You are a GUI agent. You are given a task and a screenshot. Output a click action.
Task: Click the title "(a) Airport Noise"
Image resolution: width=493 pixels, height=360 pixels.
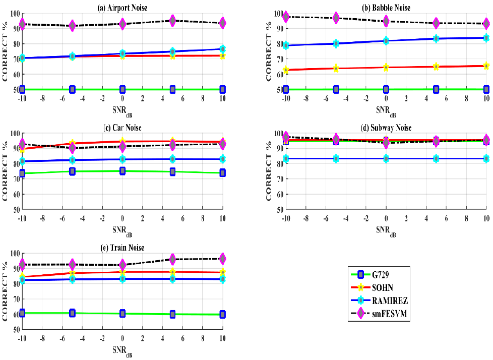122,7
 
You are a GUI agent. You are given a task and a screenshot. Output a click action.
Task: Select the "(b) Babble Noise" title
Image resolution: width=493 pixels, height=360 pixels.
386,7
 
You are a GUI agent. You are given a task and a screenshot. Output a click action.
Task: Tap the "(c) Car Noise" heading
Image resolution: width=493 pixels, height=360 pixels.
122,127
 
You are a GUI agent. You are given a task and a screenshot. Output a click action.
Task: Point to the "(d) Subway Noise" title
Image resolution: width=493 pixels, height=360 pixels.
386,127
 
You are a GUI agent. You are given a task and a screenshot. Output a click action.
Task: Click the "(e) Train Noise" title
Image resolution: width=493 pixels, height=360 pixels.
122,248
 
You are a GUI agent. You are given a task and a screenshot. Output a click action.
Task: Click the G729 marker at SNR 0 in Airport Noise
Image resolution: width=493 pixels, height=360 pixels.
122,89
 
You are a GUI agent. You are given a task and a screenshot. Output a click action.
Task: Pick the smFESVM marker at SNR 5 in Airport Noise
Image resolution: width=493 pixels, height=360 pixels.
172,21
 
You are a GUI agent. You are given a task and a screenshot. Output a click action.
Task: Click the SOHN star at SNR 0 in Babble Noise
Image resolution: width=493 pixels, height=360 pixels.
386,67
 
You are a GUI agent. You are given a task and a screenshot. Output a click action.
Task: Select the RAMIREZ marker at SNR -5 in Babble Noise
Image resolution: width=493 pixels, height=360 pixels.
336,43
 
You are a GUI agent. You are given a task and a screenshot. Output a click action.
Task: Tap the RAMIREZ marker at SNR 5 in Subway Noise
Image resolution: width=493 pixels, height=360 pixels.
436,158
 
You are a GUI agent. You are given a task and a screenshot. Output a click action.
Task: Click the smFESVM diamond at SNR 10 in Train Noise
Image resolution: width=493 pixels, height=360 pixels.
222,259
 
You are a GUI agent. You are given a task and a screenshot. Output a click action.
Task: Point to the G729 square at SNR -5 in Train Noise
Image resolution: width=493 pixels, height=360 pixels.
73,313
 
